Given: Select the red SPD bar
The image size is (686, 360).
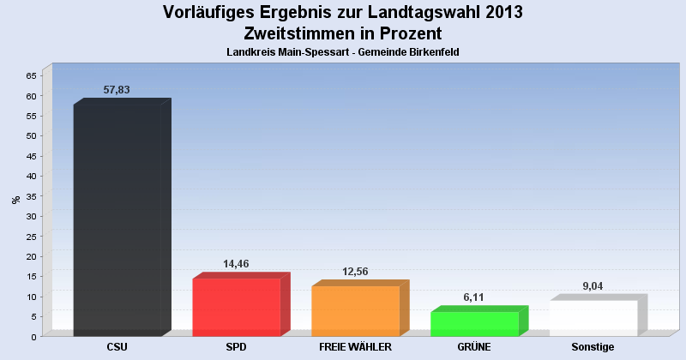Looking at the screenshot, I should [x=237, y=307].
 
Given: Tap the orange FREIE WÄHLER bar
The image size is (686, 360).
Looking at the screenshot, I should [x=355, y=310].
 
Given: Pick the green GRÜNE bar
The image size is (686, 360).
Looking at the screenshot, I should [x=474, y=323].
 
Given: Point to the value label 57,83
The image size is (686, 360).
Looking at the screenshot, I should [x=116, y=89].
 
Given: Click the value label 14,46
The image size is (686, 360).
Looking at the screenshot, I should [x=236, y=264].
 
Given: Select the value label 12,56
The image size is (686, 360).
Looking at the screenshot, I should [x=355, y=272].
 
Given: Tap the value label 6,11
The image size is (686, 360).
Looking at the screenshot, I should [x=474, y=297].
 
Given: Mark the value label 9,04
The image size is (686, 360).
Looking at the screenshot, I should [x=593, y=286].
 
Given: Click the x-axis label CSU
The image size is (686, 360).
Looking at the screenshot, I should [x=117, y=347].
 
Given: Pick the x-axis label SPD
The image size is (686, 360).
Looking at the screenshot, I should [x=237, y=347].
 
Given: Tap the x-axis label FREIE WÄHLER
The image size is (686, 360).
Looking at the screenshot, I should [x=355, y=347].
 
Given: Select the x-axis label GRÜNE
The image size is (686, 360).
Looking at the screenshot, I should [x=474, y=347].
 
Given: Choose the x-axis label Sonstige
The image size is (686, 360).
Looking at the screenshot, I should [x=593, y=347].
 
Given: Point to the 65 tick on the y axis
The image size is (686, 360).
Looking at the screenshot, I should [x=31, y=75].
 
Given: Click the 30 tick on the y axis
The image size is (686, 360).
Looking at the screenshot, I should [x=31, y=216].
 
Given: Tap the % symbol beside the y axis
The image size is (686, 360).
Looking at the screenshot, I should [x=15, y=200].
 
